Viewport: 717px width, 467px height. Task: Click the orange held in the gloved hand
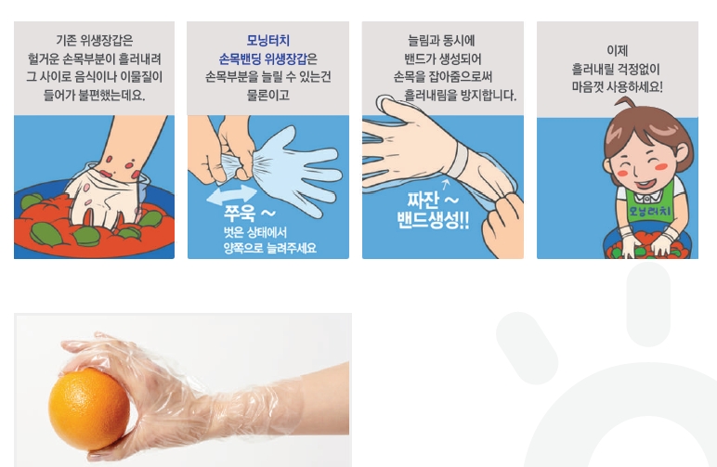tap(89, 409)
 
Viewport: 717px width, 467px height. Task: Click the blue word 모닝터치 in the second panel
tap(268, 40)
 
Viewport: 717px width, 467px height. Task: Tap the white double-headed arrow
tap(232, 195)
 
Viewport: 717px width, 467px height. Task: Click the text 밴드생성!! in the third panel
tap(432, 220)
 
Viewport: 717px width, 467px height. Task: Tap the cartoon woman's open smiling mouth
tap(645, 184)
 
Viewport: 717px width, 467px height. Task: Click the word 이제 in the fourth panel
tap(617, 51)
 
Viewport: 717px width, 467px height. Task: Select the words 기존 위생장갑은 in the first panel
tap(94, 41)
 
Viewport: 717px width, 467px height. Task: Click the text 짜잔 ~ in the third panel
tap(433, 200)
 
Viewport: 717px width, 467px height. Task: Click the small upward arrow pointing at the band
tap(447, 185)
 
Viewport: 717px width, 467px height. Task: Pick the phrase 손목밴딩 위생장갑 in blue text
tap(263, 58)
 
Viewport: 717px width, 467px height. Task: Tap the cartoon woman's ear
tap(680, 154)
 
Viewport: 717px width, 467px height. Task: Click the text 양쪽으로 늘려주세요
tap(269, 248)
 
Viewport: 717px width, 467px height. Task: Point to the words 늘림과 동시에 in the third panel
tap(442, 41)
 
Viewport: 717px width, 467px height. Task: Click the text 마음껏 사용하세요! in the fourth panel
tap(618, 87)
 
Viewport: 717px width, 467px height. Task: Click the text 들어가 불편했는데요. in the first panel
tap(94, 95)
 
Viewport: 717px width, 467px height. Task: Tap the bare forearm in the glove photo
tap(320, 397)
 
